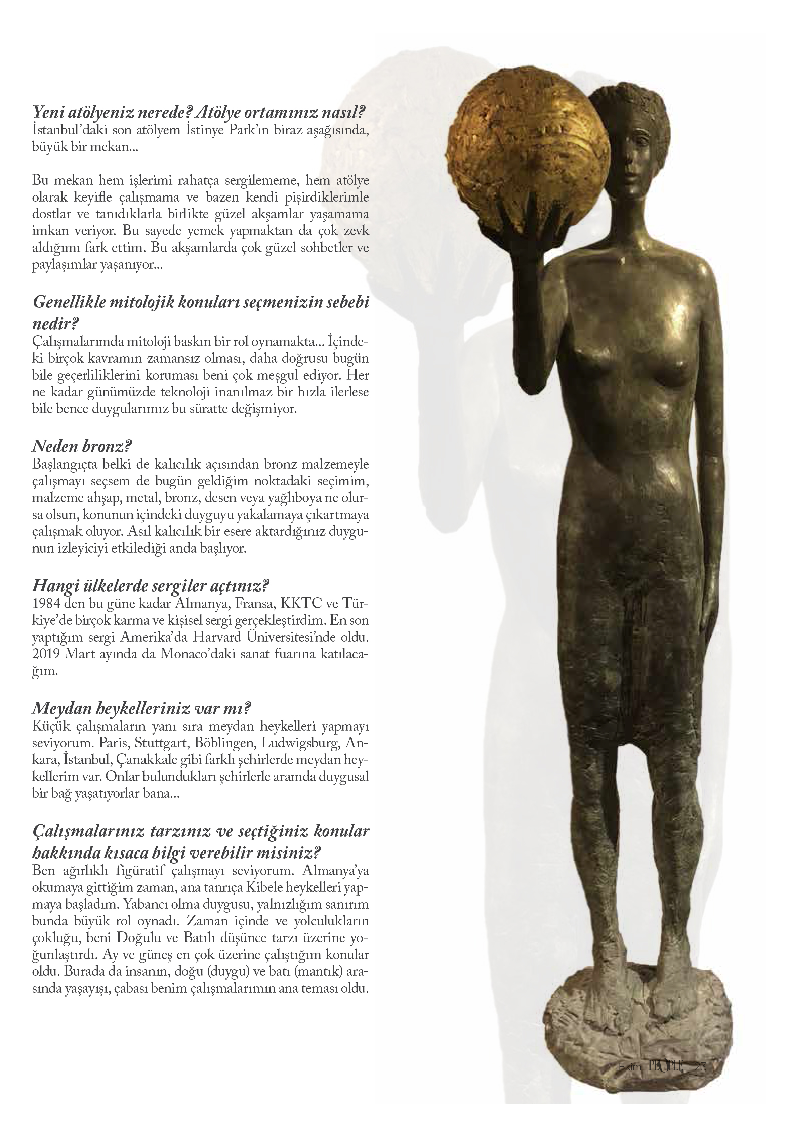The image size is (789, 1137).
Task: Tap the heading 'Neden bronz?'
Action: (82, 447)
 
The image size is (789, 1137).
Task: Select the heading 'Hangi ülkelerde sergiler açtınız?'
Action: (151, 586)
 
